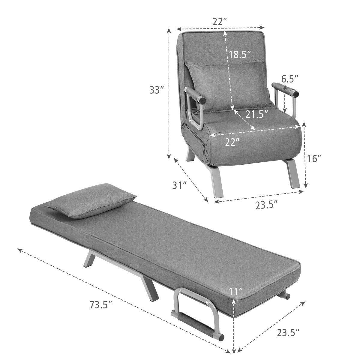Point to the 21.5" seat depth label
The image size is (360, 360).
(x=256, y=114)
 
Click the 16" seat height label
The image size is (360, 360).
(x=314, y=158)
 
